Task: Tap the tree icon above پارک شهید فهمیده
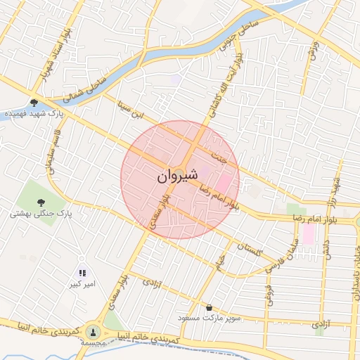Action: tap(34, 103)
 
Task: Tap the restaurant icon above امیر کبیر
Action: tap(82, 273)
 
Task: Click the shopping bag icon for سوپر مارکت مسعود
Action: tap(210, 307)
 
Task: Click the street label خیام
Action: tap(220, 261)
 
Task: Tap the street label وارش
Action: tap(314, 51)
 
